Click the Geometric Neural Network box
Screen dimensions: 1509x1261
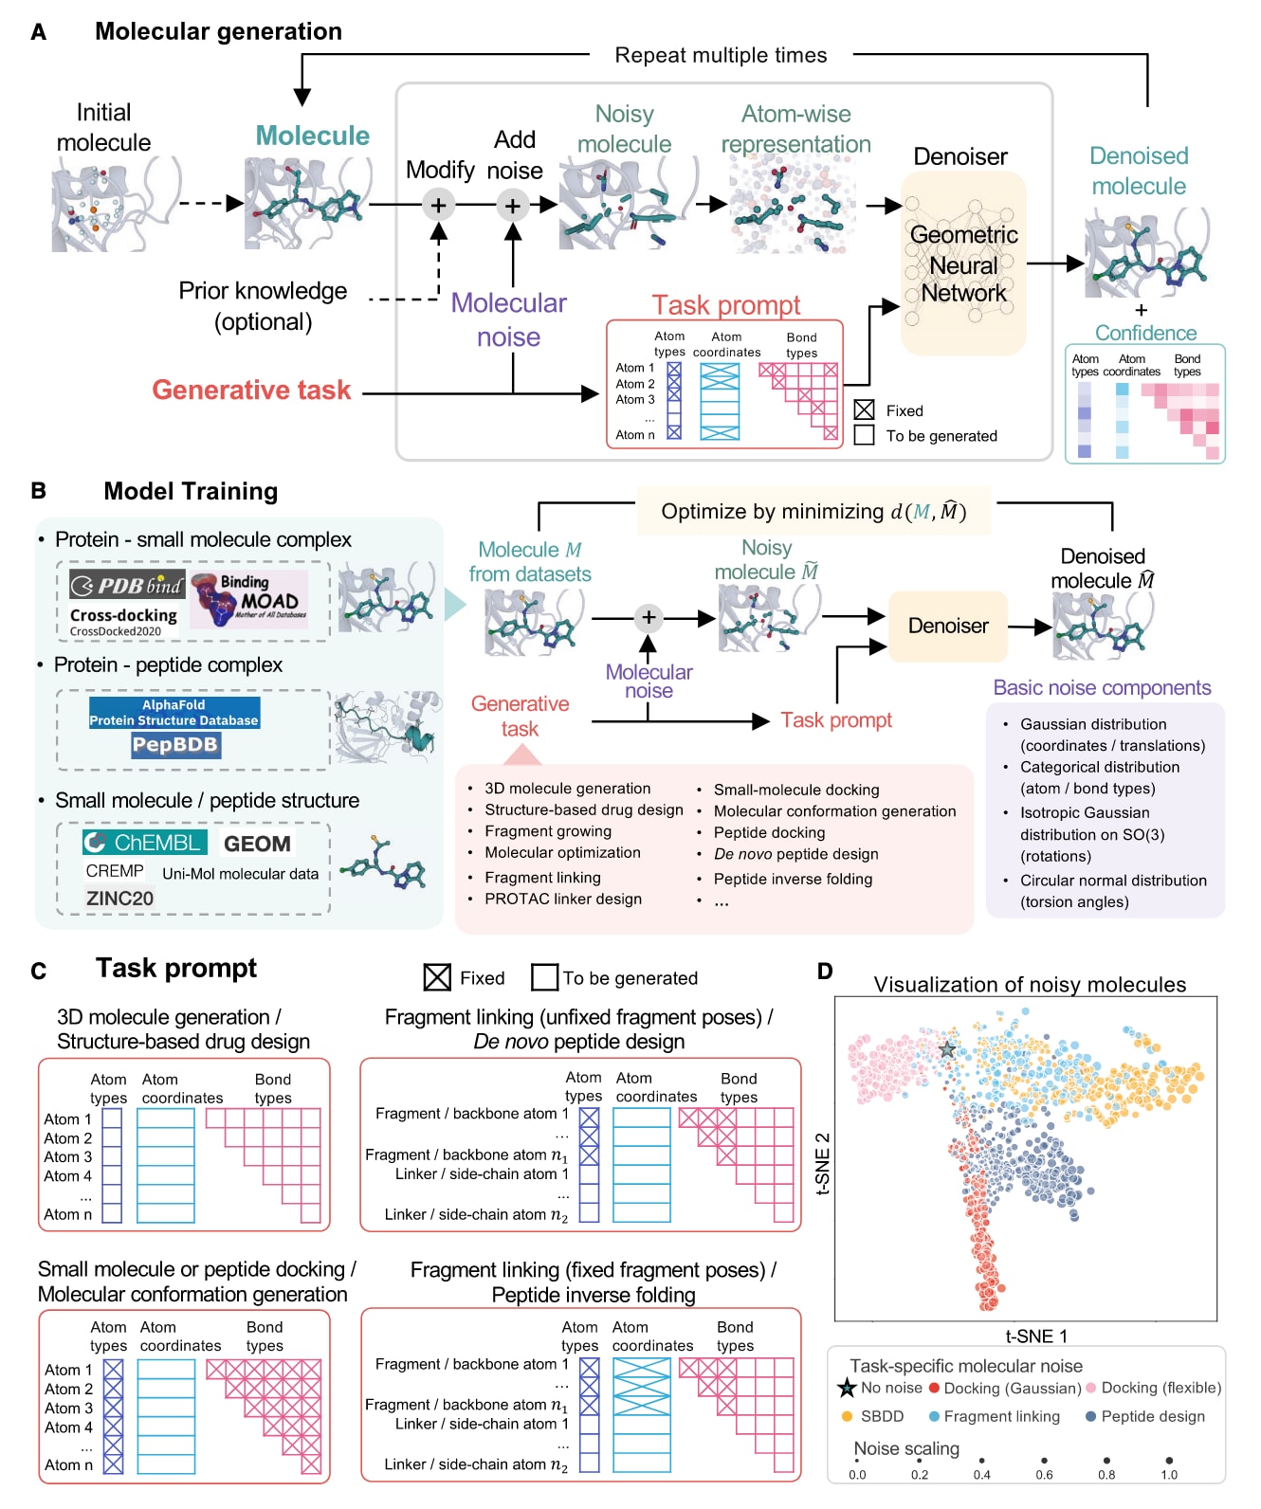tap(963, 264)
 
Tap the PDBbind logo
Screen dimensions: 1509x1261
tap(126, 586)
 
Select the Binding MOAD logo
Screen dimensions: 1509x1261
tap(249, 600)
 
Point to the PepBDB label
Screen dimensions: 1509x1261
tap(174, 745)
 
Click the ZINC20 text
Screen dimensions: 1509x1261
tap(119, 899)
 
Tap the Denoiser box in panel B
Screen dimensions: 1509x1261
tap(947, 626)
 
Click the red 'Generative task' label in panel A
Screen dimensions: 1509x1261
tap(251, 391)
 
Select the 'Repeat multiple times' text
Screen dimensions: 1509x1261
tap(721, 55)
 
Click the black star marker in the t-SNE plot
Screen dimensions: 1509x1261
tap(946, 1049)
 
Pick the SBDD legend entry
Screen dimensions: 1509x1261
tap(882, 1416)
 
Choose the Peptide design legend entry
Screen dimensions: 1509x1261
tap(1153, 1416)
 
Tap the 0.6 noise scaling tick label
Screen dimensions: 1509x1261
tap(1044, 1474)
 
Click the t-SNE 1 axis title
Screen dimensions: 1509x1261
tap(1035, 1336)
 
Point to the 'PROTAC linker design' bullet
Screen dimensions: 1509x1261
tap(563, 899)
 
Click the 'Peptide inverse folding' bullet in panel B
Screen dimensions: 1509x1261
tap(793, 879)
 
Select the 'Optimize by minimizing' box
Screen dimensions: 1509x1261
tap(813, 512)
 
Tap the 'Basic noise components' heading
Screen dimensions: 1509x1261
tap(1102, 688)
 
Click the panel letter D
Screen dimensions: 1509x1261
tap(825, 972)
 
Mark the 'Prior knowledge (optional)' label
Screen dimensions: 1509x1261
tap(263, 306)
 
